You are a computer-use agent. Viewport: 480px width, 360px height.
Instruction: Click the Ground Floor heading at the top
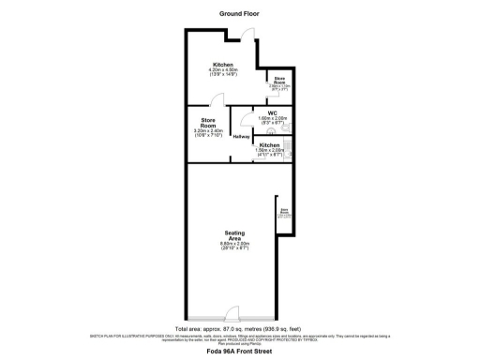tap(239, 14)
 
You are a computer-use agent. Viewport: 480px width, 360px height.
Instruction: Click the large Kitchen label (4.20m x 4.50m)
tap(222, 64)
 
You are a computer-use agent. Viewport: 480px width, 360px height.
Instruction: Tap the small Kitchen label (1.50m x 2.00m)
tap(269, 144)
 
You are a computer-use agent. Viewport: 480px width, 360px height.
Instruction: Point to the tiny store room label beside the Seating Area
tap(284, 213)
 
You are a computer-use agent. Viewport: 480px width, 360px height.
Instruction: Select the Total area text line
tap(239, 330)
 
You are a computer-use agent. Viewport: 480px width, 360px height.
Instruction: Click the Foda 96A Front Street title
tap(239, 352)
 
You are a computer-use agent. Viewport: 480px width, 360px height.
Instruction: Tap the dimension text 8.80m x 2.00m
tap(235, 244)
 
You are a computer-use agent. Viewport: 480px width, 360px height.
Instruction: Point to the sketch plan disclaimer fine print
tap(239, 338)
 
